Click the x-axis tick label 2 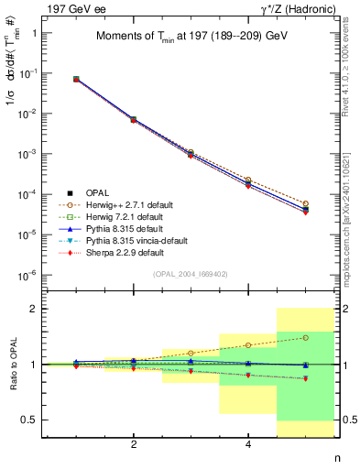click(x=134, y=444)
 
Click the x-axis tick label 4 click(x=248, y=444)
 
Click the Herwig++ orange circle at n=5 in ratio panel click(x=305, y=337)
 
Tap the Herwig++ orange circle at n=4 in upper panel click(x=248, y=180)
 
